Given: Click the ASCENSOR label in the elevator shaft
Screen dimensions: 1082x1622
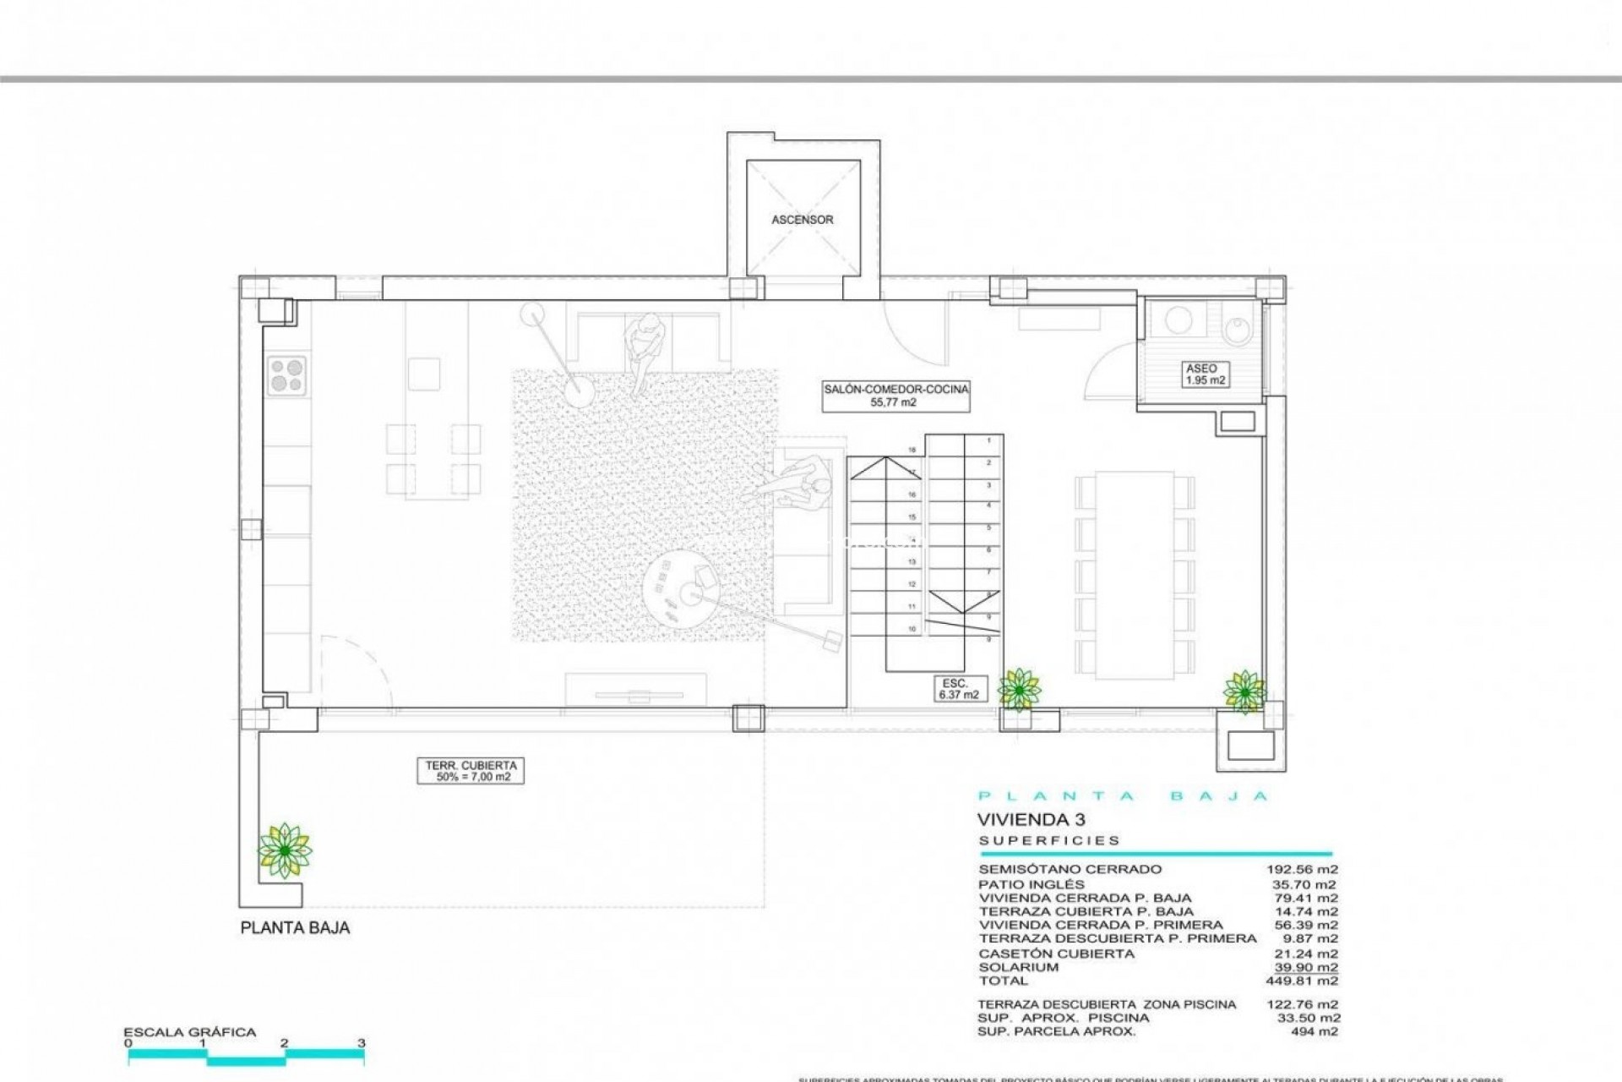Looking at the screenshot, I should tap(802, 220).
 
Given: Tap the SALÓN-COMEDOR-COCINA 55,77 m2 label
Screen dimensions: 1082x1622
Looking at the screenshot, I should tap(896, 396).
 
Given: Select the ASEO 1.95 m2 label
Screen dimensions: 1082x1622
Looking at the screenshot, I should tap(1201, 374).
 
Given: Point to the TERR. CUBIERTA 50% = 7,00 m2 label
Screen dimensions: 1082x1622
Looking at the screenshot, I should tap(470, 771).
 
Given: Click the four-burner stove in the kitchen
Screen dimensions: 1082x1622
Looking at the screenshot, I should tap(287, 375).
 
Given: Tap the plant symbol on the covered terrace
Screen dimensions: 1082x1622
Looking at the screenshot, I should tap(285, 850).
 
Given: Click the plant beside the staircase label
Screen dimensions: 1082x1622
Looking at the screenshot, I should tap(1020, 689).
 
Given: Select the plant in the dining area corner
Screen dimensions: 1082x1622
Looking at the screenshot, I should tap(1244, 691).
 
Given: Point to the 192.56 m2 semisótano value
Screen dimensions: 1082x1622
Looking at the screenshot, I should tap(1302, 869).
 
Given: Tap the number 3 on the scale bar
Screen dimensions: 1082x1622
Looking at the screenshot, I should tap(362, 1043).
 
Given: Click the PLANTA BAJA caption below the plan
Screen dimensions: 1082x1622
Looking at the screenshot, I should tap(295, 928).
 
